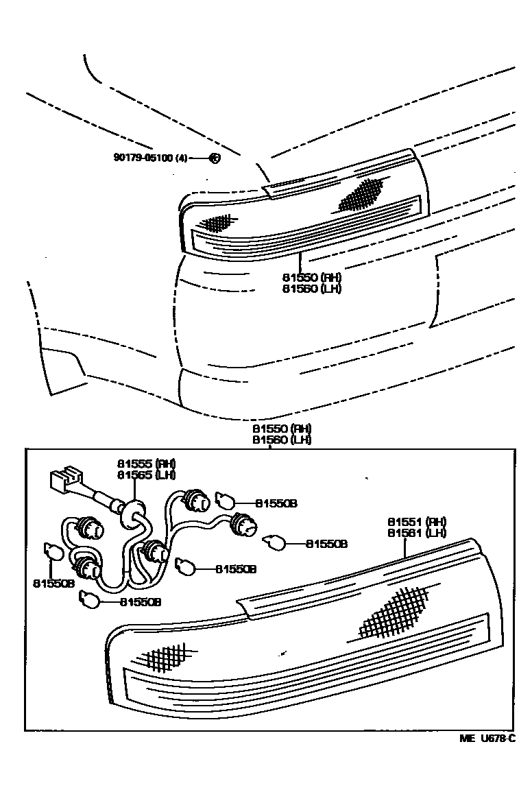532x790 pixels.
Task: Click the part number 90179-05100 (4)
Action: click(x=150, y=157)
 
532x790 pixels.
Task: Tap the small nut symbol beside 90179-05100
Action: click(x=214, y=157)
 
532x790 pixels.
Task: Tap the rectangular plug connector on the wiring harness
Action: click(x=64, y=479)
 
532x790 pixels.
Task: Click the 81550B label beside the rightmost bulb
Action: click(x=326, y=544)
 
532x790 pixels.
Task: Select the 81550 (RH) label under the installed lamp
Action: click(x=311, y=277)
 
